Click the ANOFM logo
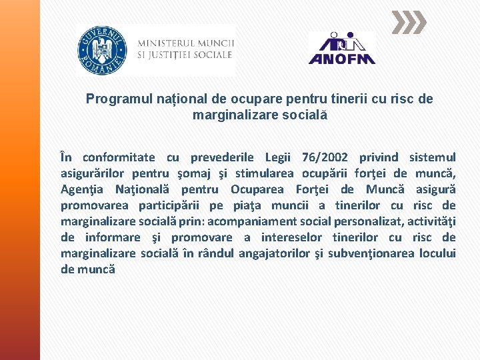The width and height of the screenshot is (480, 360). (x=342, y=49)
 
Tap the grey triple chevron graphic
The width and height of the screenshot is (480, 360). (x=408, y=23)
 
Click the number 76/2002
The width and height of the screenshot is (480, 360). (x=325, y=157)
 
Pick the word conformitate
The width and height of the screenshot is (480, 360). (x=119, y=157)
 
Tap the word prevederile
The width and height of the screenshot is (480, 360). (x=222, y=157)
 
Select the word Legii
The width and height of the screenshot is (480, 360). (x=278, y=157)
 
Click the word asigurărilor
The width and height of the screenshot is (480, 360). (x=96, y=173)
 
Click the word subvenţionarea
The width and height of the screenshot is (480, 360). (x=374, y=253)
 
